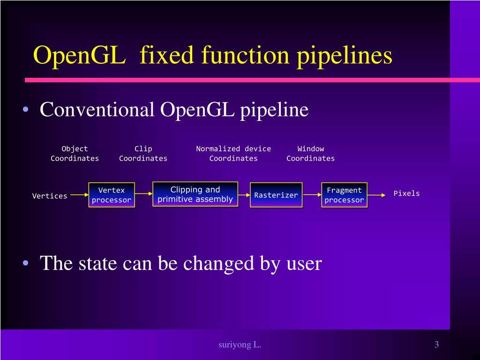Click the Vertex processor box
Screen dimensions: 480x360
click(x=112, y=195)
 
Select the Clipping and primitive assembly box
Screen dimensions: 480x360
click(x=195, y=194)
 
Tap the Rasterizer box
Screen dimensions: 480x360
click(x=276, y=195)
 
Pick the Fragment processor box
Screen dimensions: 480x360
click(x=344, y=195)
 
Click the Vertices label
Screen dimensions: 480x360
click(x=50, y=196)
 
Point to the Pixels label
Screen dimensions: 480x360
click(x=406, y=193)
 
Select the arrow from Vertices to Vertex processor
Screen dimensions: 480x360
click(x=79, y=195)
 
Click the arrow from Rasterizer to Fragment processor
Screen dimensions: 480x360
click(x=312, y=195)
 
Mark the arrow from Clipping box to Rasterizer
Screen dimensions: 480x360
click(x=244, y=194)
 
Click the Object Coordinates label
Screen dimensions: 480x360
click(x=75, y=153)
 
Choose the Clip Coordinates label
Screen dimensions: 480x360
click(x=143, y=153)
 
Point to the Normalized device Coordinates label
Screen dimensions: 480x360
click(x=233, y=153)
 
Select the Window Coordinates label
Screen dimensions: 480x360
click(x=311, y=153)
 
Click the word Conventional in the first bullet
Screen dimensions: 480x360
click(x=97, y=110)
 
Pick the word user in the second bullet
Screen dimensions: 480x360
click(x=304, y=263)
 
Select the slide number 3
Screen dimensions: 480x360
click(x=436, y=345)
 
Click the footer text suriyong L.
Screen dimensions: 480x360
click(x=240, y=345)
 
